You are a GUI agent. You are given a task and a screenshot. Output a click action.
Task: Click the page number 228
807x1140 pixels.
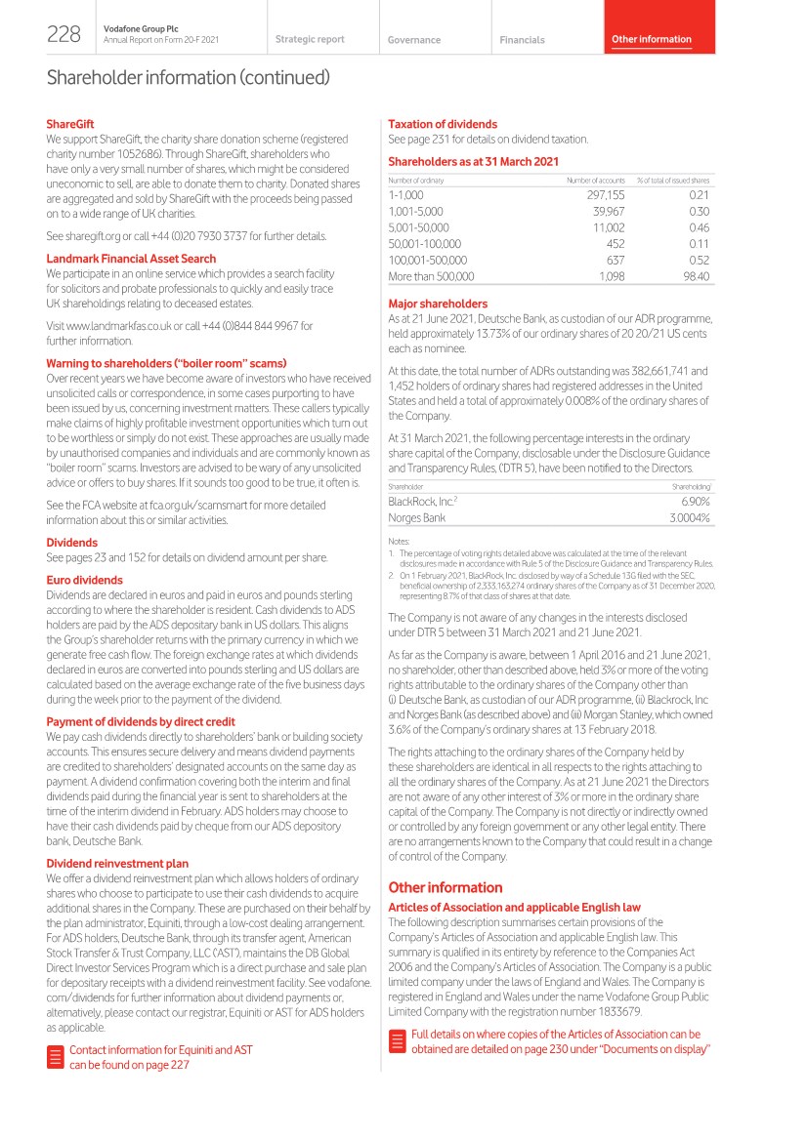point(64,34)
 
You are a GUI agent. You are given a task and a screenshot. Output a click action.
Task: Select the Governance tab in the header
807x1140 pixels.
point(413,40)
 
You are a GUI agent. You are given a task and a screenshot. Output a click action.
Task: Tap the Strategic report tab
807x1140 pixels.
point(310,39)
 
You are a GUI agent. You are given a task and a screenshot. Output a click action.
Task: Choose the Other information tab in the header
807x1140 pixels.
point(651,39)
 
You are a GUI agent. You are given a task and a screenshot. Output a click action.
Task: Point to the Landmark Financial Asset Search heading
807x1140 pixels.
point(131,259)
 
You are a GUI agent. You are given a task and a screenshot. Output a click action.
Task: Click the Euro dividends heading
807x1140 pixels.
point(84,580)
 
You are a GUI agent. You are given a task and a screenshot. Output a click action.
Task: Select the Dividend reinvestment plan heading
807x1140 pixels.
point(117,864)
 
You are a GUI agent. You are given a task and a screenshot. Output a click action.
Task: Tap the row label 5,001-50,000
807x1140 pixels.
point(418,227)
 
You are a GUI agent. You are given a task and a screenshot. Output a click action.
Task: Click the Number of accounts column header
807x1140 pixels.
point(595,181)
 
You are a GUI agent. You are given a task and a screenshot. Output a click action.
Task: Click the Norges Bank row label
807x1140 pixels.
point(417,517)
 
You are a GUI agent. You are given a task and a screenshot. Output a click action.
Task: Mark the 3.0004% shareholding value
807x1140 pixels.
point(688,517)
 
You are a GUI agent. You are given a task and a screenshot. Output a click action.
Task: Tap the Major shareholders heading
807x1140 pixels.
point(437,304)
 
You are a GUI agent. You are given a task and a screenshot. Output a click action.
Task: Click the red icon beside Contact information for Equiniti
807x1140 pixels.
point(56,1057)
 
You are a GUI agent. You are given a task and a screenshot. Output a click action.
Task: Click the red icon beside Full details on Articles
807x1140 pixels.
point(397,1040)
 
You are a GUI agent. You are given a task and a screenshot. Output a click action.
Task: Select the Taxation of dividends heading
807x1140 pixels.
point(443,124)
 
